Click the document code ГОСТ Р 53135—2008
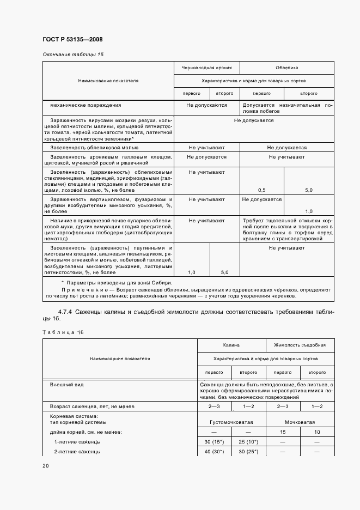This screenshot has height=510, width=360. coord(72,39)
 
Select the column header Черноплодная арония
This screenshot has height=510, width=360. coord(206,68)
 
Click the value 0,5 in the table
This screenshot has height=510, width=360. coord(261,190)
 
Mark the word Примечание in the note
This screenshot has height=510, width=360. coord(83,290)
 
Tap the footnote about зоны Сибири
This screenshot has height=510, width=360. coord(116,283)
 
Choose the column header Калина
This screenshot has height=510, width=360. coord(231,345)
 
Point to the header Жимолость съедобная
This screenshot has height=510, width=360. coord(300,345)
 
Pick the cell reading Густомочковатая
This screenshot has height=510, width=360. coord(231,422)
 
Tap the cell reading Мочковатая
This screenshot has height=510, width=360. coord(300,422)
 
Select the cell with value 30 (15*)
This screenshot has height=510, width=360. coord(215,442)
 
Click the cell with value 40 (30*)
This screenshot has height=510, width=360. coord(215,452)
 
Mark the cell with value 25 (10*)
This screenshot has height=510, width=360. coord(248,442)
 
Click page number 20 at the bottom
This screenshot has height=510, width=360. coord(46,466)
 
